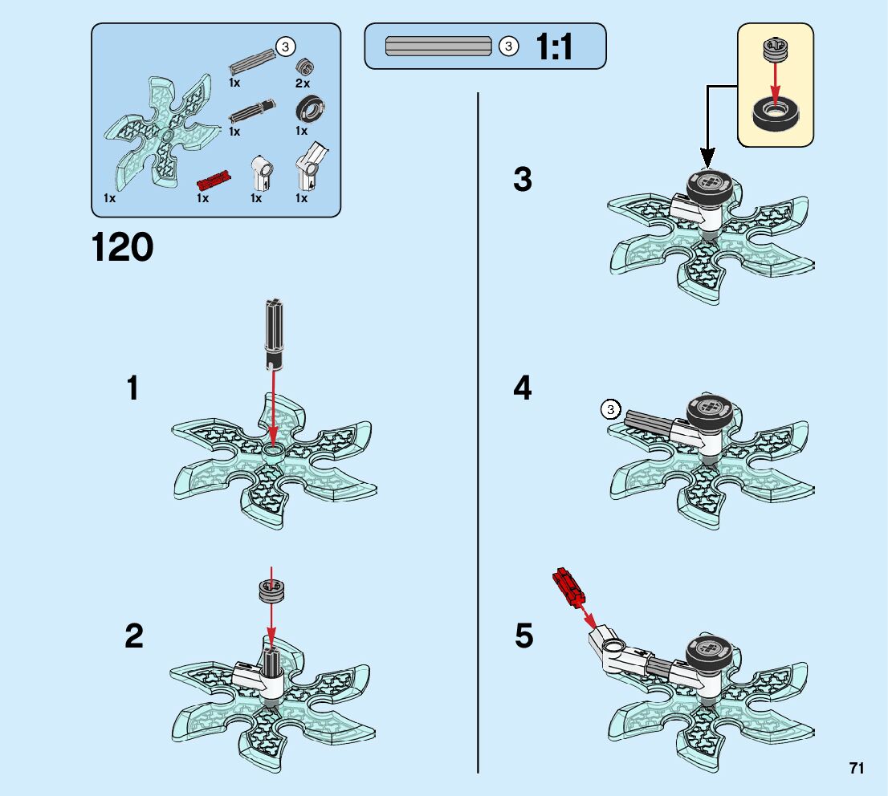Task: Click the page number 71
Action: [856, 768]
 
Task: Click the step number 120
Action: [122, 247]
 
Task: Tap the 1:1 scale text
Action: [554, 47]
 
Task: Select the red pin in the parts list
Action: [214, 180]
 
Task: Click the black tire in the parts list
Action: [311, 108]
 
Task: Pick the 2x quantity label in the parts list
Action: [303, 83]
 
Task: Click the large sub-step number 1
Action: [132, 388]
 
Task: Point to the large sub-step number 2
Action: [133, 636]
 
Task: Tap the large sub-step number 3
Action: [523, 179]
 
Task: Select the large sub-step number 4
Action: [523, 388]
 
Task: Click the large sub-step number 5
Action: [523, 636]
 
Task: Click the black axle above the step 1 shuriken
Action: [274, 335]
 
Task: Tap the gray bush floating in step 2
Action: [271, 591]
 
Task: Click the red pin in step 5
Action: [568, 587]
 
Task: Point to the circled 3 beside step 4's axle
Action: [610, 408]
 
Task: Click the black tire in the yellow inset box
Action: [776, 114]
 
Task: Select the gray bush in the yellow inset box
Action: [776, 50]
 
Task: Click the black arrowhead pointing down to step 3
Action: [707, 156]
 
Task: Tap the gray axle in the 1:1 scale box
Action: [438, 46]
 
